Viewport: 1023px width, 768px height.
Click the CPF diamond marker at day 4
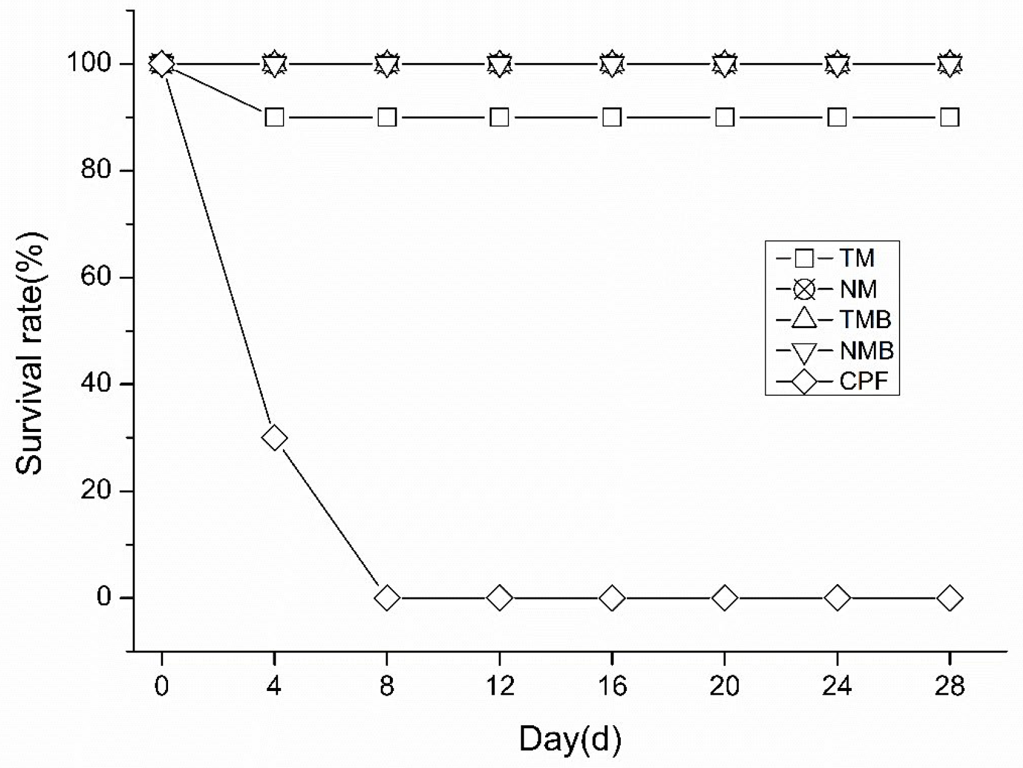274,438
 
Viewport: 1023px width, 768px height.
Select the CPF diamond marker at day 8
387,598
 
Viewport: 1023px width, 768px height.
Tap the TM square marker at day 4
274,117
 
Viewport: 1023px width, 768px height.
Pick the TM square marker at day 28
949,117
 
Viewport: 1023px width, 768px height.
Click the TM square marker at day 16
612,117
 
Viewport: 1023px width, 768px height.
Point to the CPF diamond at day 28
949,598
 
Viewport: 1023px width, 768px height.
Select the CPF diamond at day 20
724,598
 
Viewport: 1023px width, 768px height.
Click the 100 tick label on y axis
89,63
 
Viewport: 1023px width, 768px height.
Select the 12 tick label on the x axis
499,686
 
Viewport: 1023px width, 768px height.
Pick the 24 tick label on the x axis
837,686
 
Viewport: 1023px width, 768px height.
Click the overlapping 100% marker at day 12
499,64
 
